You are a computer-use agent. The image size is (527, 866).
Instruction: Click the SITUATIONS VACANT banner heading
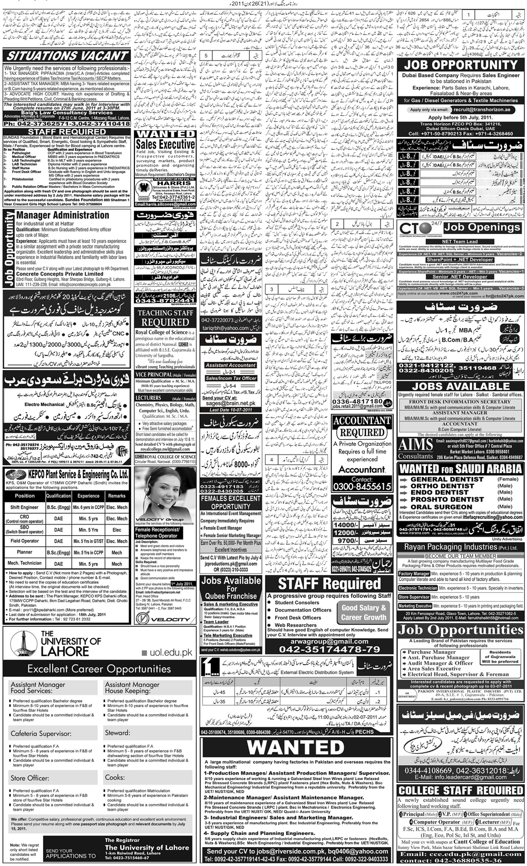pyautogui.click(x=67, y=56)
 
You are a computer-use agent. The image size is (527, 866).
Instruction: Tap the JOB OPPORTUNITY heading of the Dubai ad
pyautogui.click(x=461, y=65)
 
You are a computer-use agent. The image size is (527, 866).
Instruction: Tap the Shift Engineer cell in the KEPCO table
pyautogui.click(x=24, y=507)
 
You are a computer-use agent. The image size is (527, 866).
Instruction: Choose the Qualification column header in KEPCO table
pyautogui.click(x=58, y=496)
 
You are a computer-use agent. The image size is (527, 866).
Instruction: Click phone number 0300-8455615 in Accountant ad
pyautogui.click(x=362, y=487)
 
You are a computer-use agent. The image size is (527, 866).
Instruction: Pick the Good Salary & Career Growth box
pyautogui.click(x=364, y=612)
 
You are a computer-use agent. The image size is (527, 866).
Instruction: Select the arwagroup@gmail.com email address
pyautogui.click(x=329, y=642)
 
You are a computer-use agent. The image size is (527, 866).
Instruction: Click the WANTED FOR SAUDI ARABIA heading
pyautogui.click(x=461, y=468)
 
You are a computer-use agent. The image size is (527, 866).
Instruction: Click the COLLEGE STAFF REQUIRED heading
pyautogui.click(x=461, y=791)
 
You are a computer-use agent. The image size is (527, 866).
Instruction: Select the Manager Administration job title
pyautogui.click(x=63, y=215)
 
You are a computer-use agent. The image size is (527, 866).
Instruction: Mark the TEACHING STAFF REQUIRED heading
pyautogui.click(x=165, y=317)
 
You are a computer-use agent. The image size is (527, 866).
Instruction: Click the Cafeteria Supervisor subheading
pyautogui.click(x=41, y=733)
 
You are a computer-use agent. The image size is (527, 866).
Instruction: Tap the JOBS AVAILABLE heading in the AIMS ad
pyautogui.click(x=461, y=386)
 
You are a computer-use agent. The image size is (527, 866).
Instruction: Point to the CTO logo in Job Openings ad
pyautogui.click(x=417, y=229)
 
